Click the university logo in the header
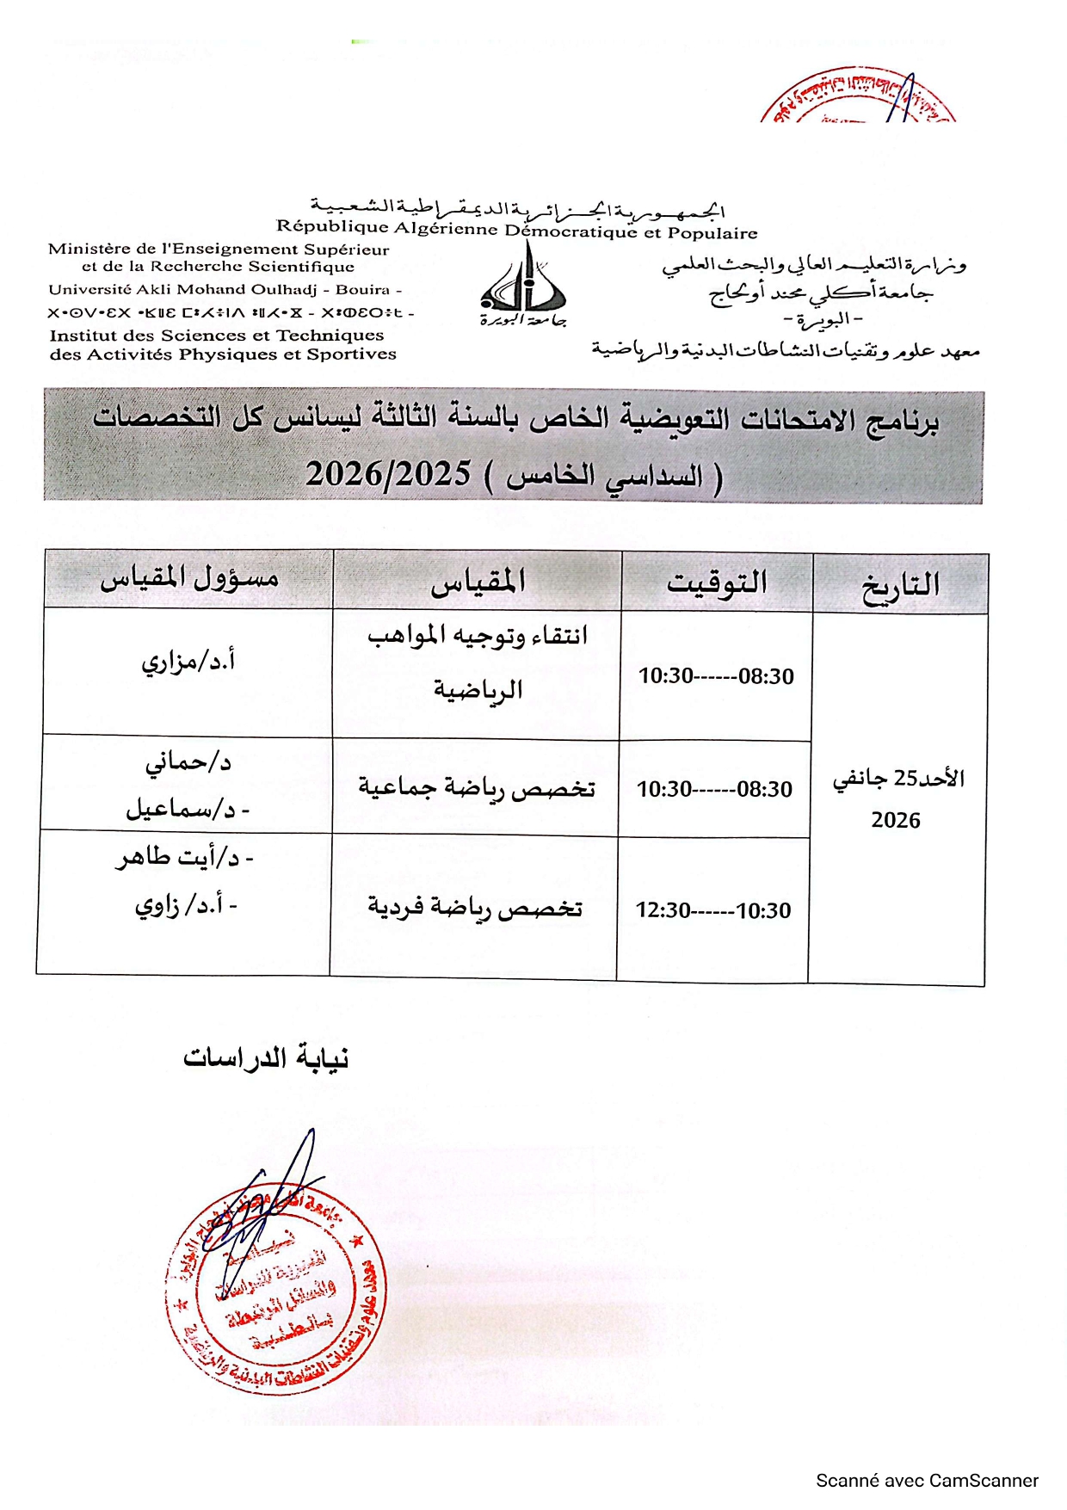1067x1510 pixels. pyautogui.click(x=523, y=284)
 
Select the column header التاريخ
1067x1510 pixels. pyautogui.click(x=900, y=586)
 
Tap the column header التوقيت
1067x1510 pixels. pyautogui.click(x=717, y=583)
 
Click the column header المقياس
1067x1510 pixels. pyautogui.click(x=478, y=582)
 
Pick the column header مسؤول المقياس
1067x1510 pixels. pyautogui.click(x=189, y=578)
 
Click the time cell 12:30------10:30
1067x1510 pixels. pyautogui.click(x=713, y=910)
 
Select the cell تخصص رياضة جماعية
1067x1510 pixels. pyautogui.click(x=477, y=788)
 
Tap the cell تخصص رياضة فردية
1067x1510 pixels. pyautogui.click(x=475, y=908)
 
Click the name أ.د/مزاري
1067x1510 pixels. pyautogui.click(x=188, y=663)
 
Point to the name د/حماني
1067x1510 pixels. pyautogui.click(x=188, y=762)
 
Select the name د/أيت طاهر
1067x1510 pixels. pyautogui.click(x=185, y=858)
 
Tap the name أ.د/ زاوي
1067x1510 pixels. pyautogui.click(x=185, y=906)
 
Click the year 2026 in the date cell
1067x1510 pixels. pyautogui.click(x=896, y=820)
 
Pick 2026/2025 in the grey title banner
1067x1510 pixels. pyautogui.click(x=388, y=474)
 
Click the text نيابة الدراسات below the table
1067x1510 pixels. pyautogui.click(x=266, y=1057)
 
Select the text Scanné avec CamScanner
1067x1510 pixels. pyautogui.click(x=927, y=1481)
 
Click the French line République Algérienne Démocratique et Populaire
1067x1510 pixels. pyautogui.click(x=516, y=230)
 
